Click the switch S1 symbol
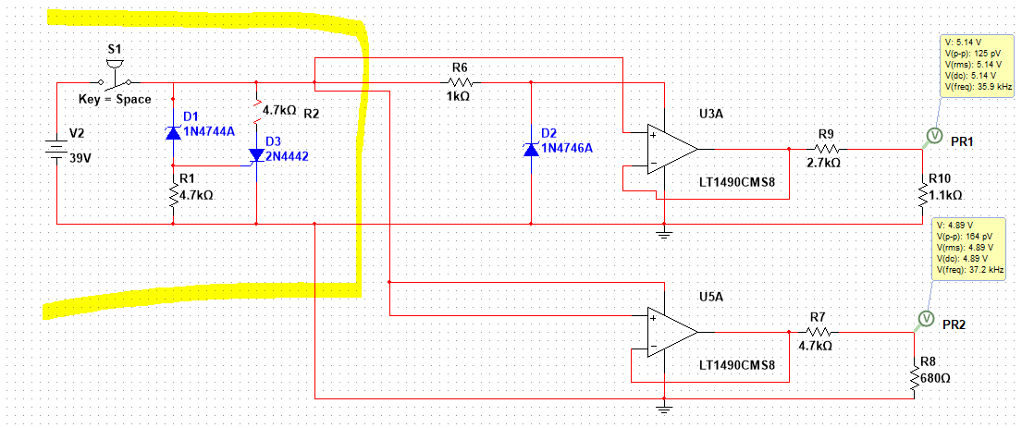click(x=116, y=74)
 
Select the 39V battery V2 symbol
click(x=57, y=150)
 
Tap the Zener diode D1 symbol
click(x=173, y=132)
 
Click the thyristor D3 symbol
click(x=255, y=156)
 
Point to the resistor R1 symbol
click(x=173, y=195)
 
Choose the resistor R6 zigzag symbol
click(x=460, y=81)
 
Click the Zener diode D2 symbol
click(x=531, y=149)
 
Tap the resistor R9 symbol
click(x=827, y=148)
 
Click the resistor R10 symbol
click(x=922, y=195)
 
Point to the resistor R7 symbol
click(x=817, y=332)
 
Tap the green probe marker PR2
click(x=923, y=319)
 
